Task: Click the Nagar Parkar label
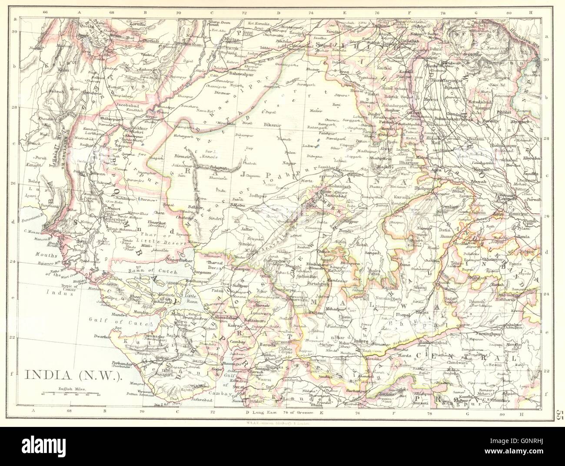click(x=180, y=260)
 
